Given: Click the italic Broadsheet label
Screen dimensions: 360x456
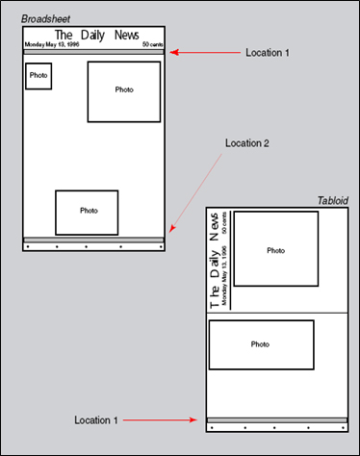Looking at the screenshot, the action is pyautogui.click(x=45, y=19).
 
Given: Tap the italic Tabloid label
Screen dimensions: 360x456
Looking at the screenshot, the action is pyautogui.click(x=333, y=201).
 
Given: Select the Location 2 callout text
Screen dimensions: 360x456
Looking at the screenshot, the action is pyautogui.click(x=247, y=143).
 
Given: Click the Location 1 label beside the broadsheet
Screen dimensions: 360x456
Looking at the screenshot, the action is pyautogui.click(x=268, y=53).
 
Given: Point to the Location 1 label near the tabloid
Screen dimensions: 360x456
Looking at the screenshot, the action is pyautogui.click(x=96, y=420).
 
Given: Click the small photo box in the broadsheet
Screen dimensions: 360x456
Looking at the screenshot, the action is pyautogui.click(x=39, y=76).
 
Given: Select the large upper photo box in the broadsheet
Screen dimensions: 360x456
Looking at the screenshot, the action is pyautogui.click(x=124, y=92).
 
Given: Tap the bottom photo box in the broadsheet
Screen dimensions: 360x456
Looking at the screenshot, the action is pyautogui.click(x=87, y=213).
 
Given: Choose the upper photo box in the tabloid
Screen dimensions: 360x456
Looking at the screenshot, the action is pyautogui.click(x=276, y=248).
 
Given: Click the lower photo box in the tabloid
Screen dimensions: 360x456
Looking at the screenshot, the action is pyautogui.click(x=261, y=344).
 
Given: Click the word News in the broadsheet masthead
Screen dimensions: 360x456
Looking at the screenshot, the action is pyautogui.click(x=127, y=35).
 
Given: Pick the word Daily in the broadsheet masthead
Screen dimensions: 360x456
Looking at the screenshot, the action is pyautogui.click(x=92, y=36).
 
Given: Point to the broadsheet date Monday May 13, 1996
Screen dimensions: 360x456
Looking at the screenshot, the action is pyautogui.click(x=52, y=44).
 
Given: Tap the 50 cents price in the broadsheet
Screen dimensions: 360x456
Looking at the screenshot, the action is pyautogui.click(x=153, y=44).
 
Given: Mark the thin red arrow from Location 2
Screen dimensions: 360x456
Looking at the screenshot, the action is pyautogui.click(x=195, y=192).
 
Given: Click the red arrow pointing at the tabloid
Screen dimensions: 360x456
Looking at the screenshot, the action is pyautogui.click(x=160, y=420).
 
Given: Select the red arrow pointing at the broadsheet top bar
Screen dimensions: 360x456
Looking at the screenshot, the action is pyautogui.click(x=205, y=52).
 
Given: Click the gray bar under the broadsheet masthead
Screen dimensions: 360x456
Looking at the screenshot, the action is pyautogui.click(x=93, y=52).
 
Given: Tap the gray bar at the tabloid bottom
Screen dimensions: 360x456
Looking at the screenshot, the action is pyautogui.click(x=277, y=420).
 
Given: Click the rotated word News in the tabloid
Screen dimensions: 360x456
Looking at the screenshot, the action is pyautogui.click(x=214, y=226).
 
